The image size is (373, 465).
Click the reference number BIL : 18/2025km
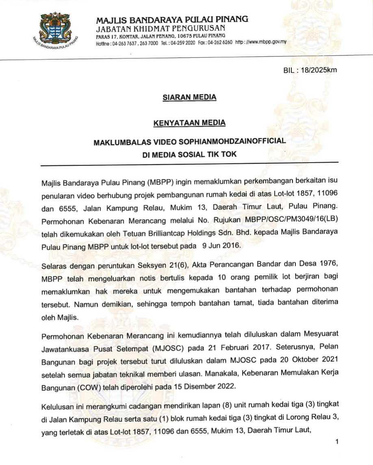(x=310, y=70)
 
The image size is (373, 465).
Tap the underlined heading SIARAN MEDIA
(x=189, y=97)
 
